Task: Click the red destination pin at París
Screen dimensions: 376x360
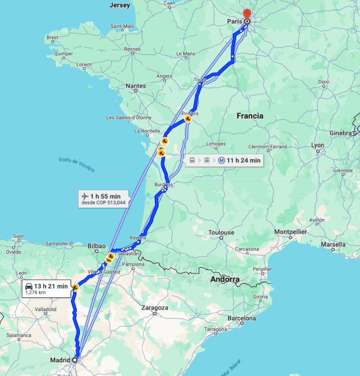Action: (247, 14)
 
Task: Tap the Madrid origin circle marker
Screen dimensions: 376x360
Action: (75, 360)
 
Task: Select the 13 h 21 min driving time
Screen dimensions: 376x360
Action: (51, 286)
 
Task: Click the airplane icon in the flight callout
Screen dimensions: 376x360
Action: (85, 196)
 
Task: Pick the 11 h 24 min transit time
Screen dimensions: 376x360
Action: (243, 160)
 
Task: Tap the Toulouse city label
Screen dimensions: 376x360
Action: (221, 232)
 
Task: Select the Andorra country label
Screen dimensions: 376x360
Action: (225, 280)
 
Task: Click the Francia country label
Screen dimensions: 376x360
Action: (250, 116)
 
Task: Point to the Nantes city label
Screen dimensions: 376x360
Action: (136, 86)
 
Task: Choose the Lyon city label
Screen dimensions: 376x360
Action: (317, 145)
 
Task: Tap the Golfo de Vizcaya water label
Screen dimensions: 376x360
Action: (76, 165)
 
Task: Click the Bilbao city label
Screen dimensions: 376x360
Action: (96, 246)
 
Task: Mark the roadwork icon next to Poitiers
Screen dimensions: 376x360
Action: (188, 119)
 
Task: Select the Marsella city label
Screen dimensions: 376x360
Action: (333, 244)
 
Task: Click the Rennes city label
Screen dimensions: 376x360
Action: (132, 49)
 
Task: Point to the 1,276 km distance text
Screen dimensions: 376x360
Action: (35, 293)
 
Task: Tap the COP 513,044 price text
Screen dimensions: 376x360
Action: (109, 203)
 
